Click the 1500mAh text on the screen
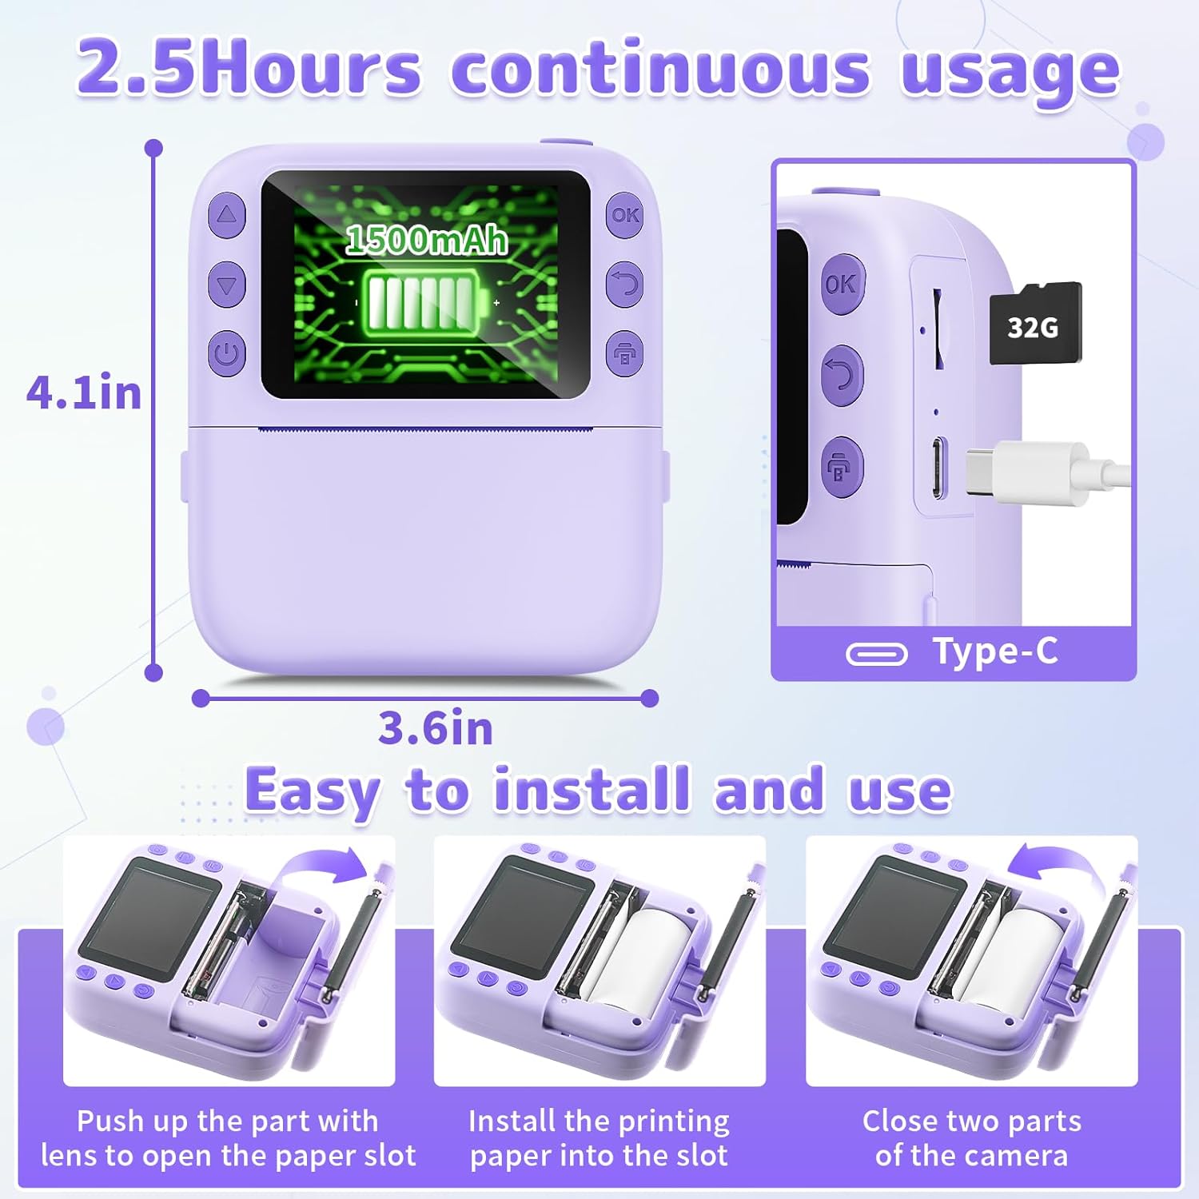(427, 239)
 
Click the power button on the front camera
(227, 353)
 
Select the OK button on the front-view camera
(624, 215)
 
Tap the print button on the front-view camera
(624, 353)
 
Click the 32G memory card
(1036, 324)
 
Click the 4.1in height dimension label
(84, 393)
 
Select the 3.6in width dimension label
(436, 728)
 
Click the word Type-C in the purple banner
(995, 651)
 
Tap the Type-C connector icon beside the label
(877, 655)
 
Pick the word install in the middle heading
(592, 790)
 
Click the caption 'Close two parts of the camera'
(971, 1138)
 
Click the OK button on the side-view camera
(841, 284)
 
